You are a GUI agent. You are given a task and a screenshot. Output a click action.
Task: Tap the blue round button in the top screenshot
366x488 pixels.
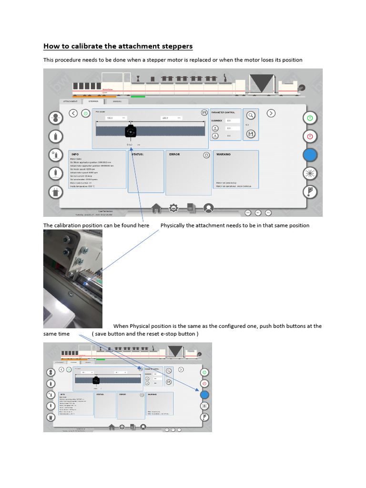click(310, 155)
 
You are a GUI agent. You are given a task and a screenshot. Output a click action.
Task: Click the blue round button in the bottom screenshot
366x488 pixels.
click(204, 395)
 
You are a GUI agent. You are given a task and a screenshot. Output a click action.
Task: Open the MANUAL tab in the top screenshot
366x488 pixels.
click(117, 102)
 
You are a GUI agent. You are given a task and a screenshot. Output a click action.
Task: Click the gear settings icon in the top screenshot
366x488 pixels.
click(173, 208)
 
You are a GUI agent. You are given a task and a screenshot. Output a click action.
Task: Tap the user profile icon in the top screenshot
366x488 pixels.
click(208, 208)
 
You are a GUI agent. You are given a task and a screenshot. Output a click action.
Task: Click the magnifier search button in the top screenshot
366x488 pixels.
click(251, 115)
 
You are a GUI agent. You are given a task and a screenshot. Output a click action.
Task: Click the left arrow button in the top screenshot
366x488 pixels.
click(73, 113)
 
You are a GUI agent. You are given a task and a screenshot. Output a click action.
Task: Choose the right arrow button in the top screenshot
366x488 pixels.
click(271, 113)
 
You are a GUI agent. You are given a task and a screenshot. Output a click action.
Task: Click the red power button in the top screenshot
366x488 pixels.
click(310, 136)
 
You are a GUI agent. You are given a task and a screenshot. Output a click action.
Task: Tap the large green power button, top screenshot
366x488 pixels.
click(310, 118)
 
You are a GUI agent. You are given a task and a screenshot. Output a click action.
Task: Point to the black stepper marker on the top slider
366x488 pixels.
click(130, 132)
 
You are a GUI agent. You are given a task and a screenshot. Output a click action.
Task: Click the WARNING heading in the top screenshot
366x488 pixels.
click(224, 154)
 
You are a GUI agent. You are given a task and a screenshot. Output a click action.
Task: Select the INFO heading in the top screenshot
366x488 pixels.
click(75, 154)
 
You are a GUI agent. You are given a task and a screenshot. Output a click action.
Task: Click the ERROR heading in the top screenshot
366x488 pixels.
click(174, 154)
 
